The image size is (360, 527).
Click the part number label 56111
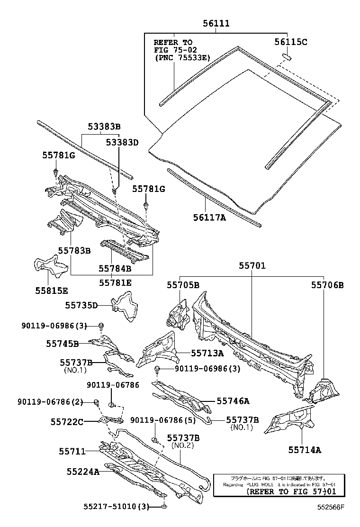click(216, 23)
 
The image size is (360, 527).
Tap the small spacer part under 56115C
click(287, 56)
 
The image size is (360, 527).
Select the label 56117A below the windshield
click(209, 217)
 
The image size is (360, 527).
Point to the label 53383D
click(122, 142)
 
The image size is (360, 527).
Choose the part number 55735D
click(81, 306)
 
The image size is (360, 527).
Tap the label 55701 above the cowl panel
click(252, 266)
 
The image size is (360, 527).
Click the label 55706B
click(327, 285)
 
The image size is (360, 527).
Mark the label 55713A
click(207, 353)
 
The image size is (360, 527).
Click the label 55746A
click(233, 401)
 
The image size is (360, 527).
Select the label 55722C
click(67, 421)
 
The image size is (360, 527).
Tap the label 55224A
click(83, 472)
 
